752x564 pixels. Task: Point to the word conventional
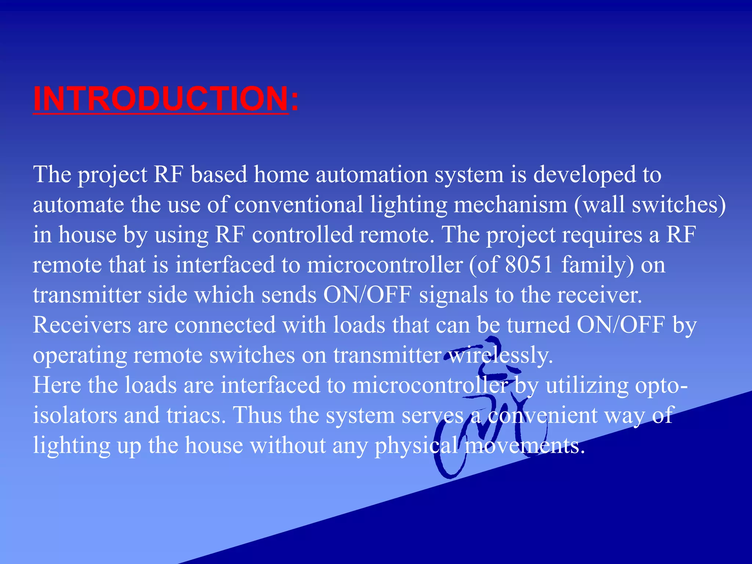tap(299, 205)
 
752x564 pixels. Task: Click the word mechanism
tap(510, 205)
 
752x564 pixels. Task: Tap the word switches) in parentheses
tap(679, 205)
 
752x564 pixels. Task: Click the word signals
tap(453, 295)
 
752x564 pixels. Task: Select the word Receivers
tap(82, 325)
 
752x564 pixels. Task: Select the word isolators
tap(75, 415)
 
